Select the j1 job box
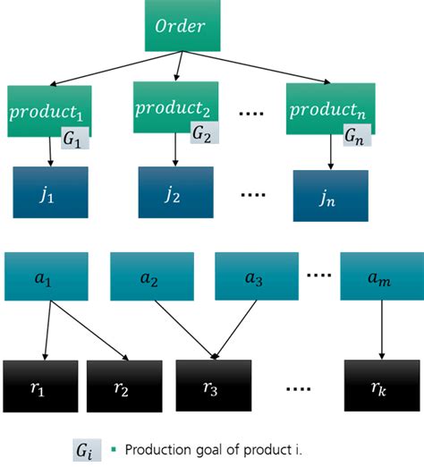click(x=50, y=192)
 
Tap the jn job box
click(x=330, y=195)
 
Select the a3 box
click(x=253, y=276)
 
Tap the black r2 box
click(x=123, y=386)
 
